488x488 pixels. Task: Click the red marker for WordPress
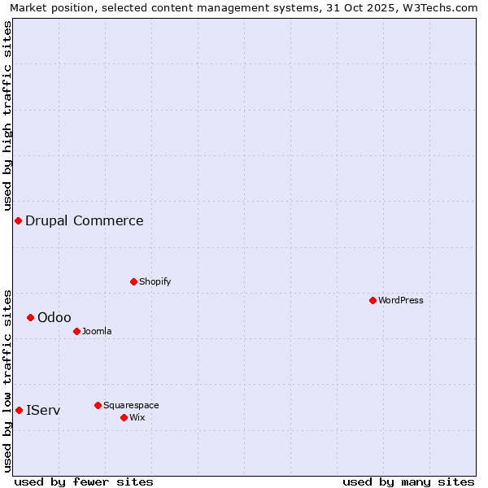tap(373, 300)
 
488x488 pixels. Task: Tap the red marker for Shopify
tap(133, 281)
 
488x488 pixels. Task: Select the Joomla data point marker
tap(76, 331)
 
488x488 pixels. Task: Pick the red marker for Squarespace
tap(98, 405)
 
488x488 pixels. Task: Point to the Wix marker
tap(124, 417)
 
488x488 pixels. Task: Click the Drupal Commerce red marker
tap(18, 220)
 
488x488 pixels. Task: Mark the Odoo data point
tap(30, 317)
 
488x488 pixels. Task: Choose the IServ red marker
tap(19, 410)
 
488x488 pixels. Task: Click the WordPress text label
tap(401, 300)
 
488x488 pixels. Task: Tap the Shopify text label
tap(155, 281)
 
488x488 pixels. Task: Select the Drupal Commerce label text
tap(85, 220)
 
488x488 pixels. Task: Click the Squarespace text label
tap(131, 405)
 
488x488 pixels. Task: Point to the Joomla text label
tap(97, 331)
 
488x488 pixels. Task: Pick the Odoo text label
tap(54, 317)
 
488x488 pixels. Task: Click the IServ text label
tap(43, 410)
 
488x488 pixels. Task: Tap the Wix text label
tap(137, 417)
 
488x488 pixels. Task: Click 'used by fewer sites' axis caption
tap(84, 481)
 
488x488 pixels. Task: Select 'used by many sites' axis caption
tap(408, 481)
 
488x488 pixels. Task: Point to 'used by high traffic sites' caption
tap(7, 113)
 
